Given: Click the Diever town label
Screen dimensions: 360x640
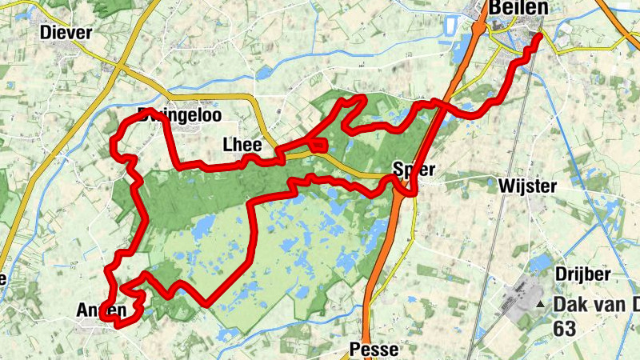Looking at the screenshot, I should (x=66, y=33).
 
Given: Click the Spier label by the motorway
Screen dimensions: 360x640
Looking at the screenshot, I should (x=414, y=169).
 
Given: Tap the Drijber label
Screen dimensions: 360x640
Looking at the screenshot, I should (x=584, y=274).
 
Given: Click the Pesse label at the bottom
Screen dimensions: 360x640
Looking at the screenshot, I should (x=372, y=350).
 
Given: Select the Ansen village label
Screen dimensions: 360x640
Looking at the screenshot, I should (x=102, y=310).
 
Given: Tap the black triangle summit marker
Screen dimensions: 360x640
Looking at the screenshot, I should (x=541, y=305).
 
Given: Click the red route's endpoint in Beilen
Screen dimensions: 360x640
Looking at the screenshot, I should (x=538, y=36).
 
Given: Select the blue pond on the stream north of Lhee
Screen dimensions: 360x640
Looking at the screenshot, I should (x=264, y=73).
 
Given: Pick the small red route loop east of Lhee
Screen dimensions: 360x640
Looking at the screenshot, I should (x=318, y=145).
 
